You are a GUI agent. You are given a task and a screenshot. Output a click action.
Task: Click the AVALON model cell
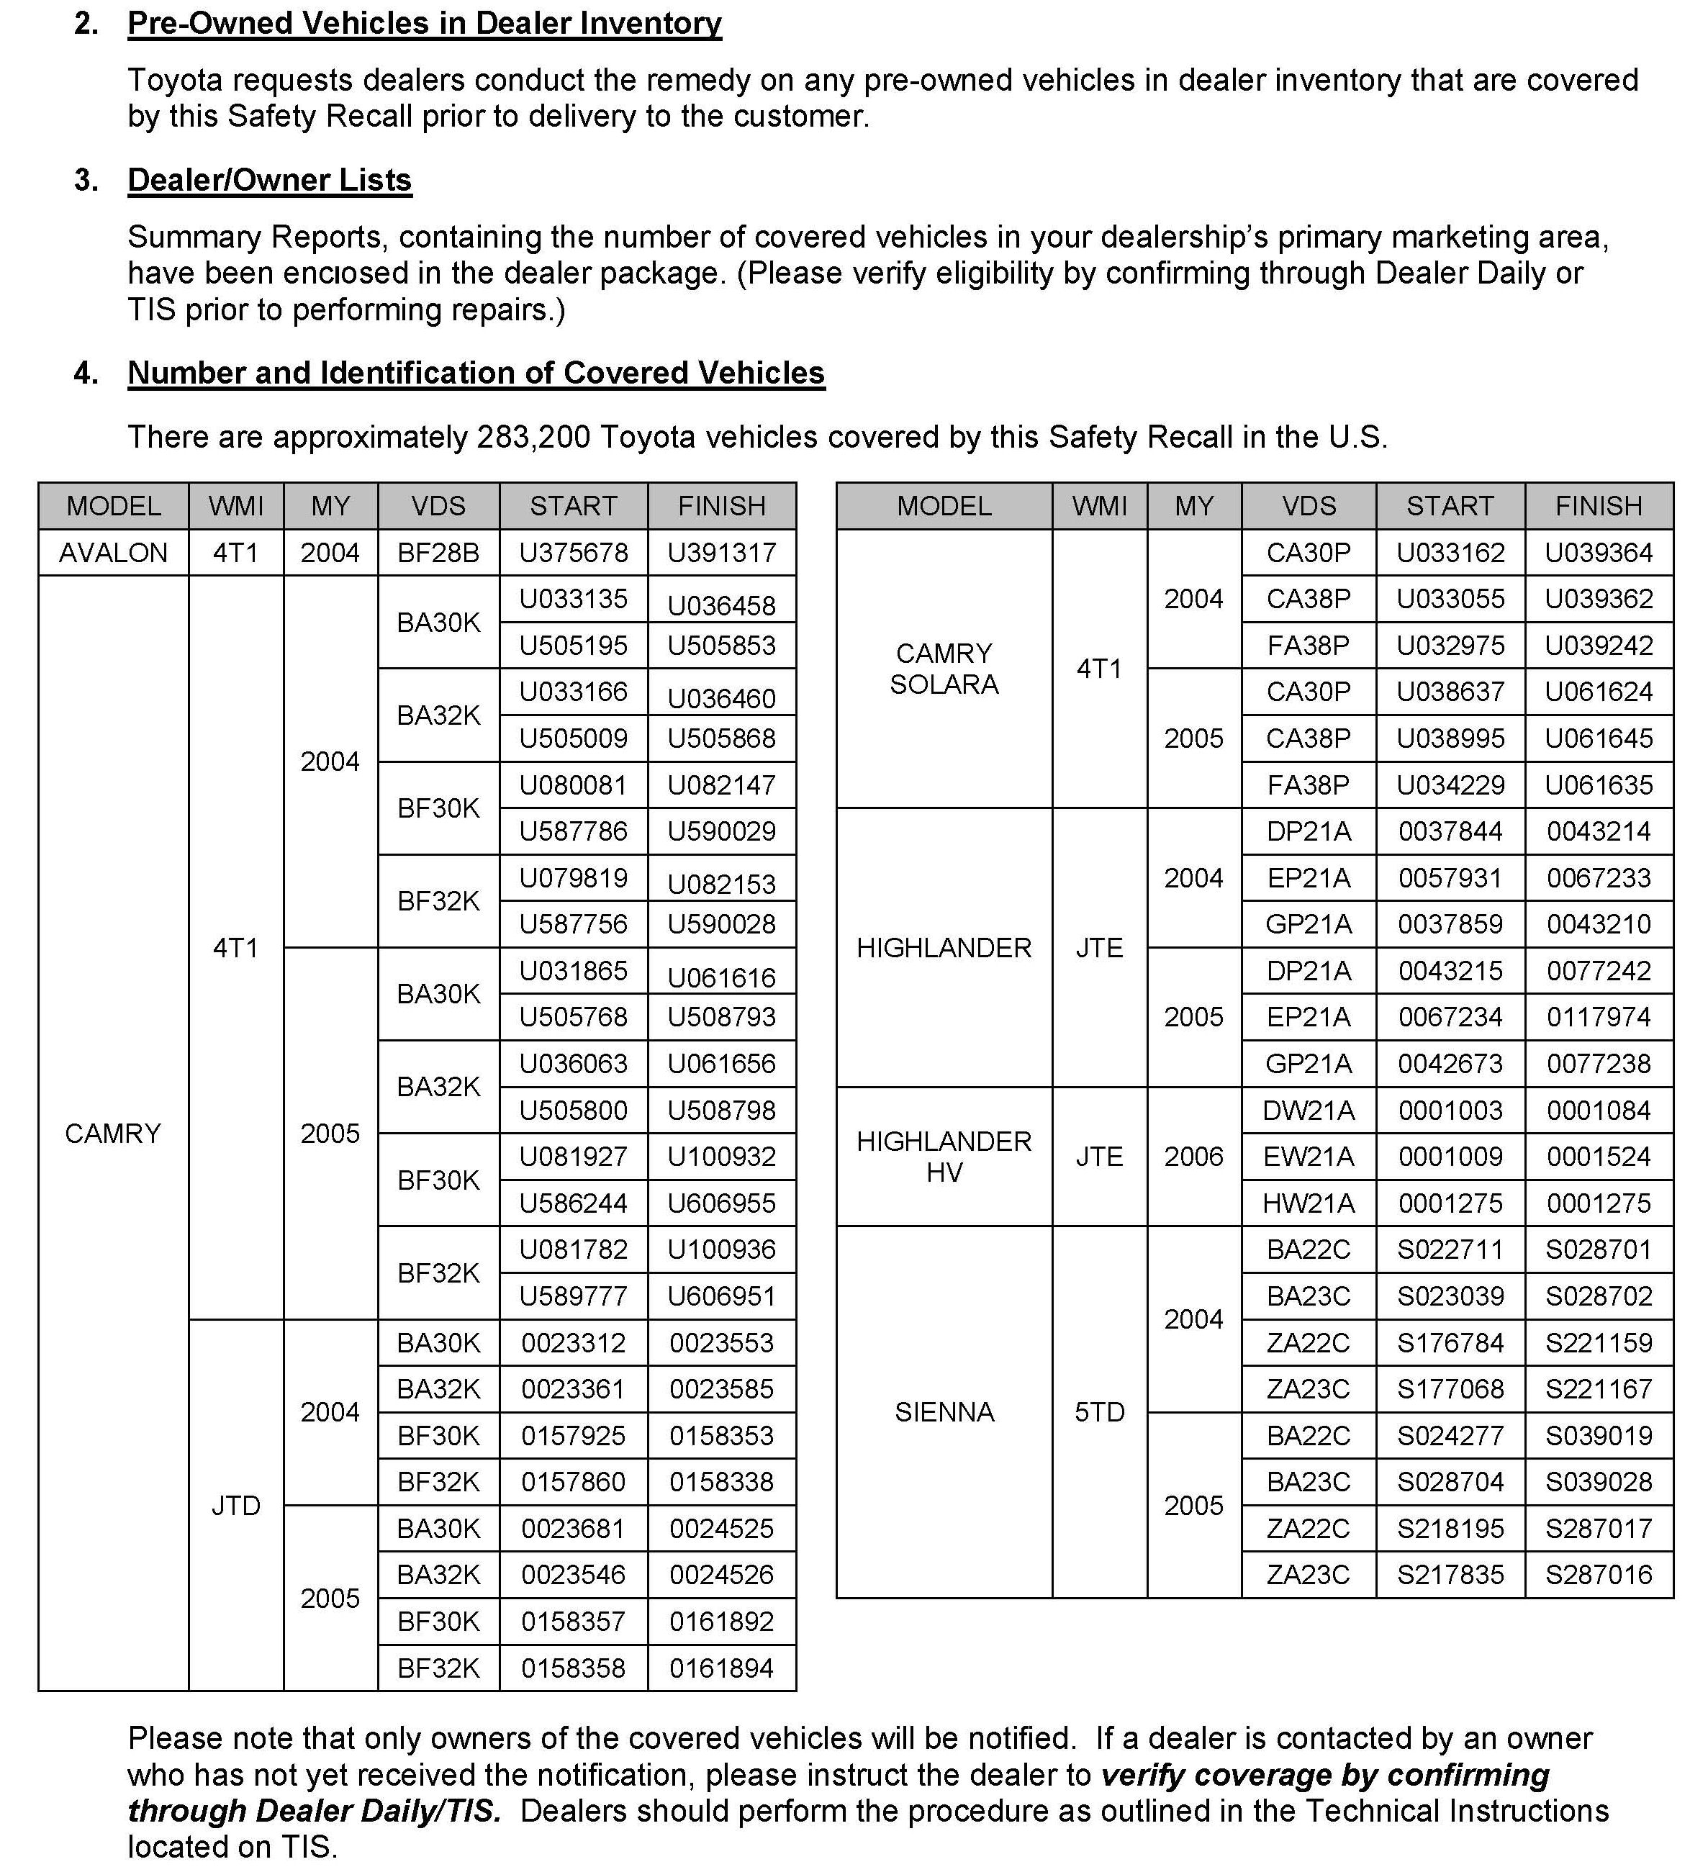tap(113, 553)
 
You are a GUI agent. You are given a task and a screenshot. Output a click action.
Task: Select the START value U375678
tap(573, 553)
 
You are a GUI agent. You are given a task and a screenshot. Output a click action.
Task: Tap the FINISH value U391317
tap(721, 553)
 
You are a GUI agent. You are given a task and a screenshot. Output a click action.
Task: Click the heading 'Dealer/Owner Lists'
tap(269, 180)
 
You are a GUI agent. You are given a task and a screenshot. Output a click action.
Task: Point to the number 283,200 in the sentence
tap(533, 436)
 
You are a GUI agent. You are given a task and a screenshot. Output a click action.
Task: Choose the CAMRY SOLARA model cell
tap(944, 669)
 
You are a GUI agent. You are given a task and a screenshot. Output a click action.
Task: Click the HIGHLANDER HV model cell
tap(944, 1157)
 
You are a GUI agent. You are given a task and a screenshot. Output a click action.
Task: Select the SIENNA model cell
tap(944, 1411)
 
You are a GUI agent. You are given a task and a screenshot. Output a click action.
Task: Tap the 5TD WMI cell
tap(1099, 1411)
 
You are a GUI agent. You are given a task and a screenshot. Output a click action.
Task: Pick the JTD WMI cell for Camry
tap(235, 1505)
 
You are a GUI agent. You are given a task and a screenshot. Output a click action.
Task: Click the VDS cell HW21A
tap(1309, 1203)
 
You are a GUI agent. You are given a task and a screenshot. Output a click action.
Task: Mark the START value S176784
tap(1450, 1342)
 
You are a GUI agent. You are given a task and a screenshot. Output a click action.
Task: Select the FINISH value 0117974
tap(1599, 1017)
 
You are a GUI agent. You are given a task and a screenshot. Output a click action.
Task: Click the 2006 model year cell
tap(1193, 1157)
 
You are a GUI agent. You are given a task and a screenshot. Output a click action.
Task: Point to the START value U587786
tap(573, 831)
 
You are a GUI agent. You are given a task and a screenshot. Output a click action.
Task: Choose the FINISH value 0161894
tap(721, 1668)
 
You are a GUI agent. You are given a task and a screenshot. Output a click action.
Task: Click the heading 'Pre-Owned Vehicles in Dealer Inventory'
tap(424, 23)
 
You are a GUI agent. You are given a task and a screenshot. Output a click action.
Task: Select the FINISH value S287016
tap(1599, 1574)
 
